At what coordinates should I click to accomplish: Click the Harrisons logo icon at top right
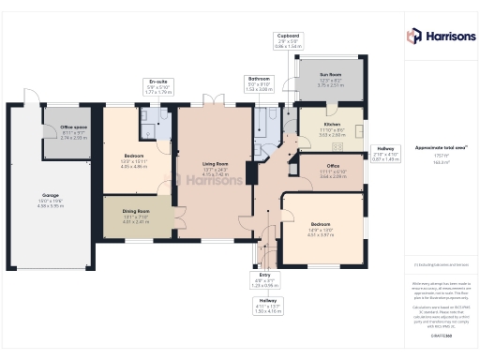[413, 36]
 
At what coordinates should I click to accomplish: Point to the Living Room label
[216, 164]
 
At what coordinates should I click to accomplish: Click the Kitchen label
[333, 125]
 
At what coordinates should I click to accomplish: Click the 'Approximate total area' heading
[433, 148]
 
